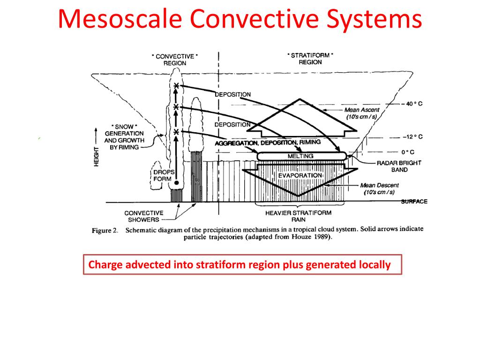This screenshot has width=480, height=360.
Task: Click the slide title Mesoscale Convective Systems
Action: point(240,20)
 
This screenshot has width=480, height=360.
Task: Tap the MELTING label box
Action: point(300,156)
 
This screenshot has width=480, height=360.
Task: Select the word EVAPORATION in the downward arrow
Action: point(300,175)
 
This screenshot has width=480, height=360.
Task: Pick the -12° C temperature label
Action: point(412,137)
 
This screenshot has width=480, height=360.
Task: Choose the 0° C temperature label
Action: point(409,152)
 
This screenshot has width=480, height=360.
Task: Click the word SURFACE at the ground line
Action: point(414,202)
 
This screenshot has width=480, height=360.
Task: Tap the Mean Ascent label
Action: point(362,113)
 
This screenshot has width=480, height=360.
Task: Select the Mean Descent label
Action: point(377,188)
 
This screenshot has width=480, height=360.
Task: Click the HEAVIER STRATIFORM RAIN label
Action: point(298,216)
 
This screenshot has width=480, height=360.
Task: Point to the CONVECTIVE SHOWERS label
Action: point(143,216)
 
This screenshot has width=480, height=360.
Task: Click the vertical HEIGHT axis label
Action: point(97,156)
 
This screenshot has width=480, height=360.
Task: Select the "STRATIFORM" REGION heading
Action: point(310,59)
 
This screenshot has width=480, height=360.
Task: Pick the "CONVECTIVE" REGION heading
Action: point(175,60)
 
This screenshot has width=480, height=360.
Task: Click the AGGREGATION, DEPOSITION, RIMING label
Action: point(268,142)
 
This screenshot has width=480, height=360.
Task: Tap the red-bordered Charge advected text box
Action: point(242,265)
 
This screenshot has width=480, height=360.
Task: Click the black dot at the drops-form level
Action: point(176,182)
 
